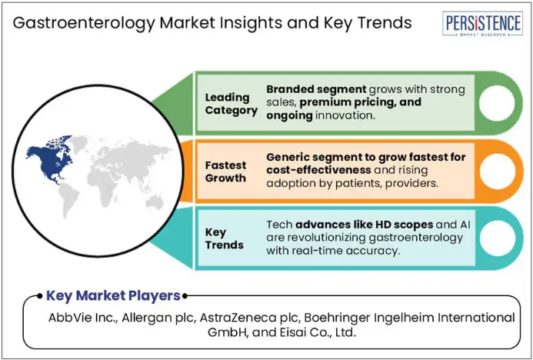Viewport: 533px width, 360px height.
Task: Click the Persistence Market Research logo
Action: click(482, 23)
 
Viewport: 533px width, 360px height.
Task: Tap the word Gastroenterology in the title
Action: click(83, 23)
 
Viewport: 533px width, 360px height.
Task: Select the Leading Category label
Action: click(232, 104)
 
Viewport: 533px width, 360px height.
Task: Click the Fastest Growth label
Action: click(225, 172)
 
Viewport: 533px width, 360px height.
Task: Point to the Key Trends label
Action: click(225, 238)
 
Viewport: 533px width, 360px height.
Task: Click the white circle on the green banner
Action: click(497, 103)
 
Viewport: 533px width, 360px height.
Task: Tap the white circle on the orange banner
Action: click(497, 171)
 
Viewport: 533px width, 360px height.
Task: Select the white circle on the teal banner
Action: click(497, 238)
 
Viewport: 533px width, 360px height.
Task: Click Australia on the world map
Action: click(155, 203)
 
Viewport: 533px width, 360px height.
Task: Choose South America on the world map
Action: click(68, 201)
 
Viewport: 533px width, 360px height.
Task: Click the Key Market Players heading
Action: click(113, 295)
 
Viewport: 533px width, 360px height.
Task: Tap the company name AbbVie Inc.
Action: click(83, 318)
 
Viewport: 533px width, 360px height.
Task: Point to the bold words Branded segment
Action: click(316, 90)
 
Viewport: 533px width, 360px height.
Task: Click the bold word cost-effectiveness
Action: click(318, 170)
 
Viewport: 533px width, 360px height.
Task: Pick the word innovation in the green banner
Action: click(345, 115)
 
